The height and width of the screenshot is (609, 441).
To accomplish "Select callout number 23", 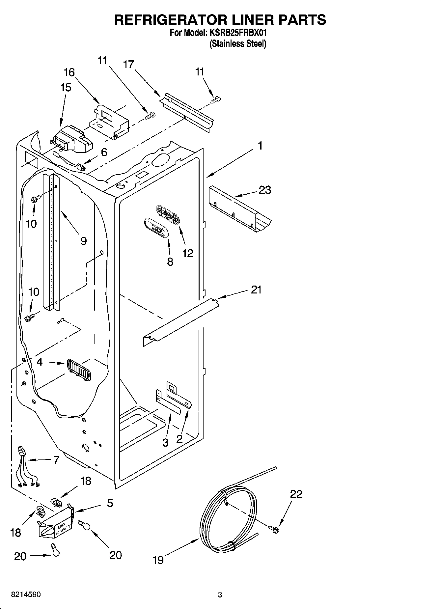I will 265,190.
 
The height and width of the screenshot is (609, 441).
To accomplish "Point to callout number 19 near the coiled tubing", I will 158,560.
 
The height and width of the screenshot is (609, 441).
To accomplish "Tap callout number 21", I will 256,290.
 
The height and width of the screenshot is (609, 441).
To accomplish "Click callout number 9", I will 84,241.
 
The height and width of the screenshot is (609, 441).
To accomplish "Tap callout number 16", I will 69,72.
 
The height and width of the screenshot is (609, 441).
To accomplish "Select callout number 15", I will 66,88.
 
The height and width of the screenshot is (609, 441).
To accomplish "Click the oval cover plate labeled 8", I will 157,227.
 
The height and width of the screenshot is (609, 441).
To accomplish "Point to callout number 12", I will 188,253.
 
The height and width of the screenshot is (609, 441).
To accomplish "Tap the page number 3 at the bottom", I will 220,595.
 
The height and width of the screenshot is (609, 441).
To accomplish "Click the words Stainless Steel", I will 238,44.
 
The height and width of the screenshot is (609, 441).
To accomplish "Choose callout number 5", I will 110,503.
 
